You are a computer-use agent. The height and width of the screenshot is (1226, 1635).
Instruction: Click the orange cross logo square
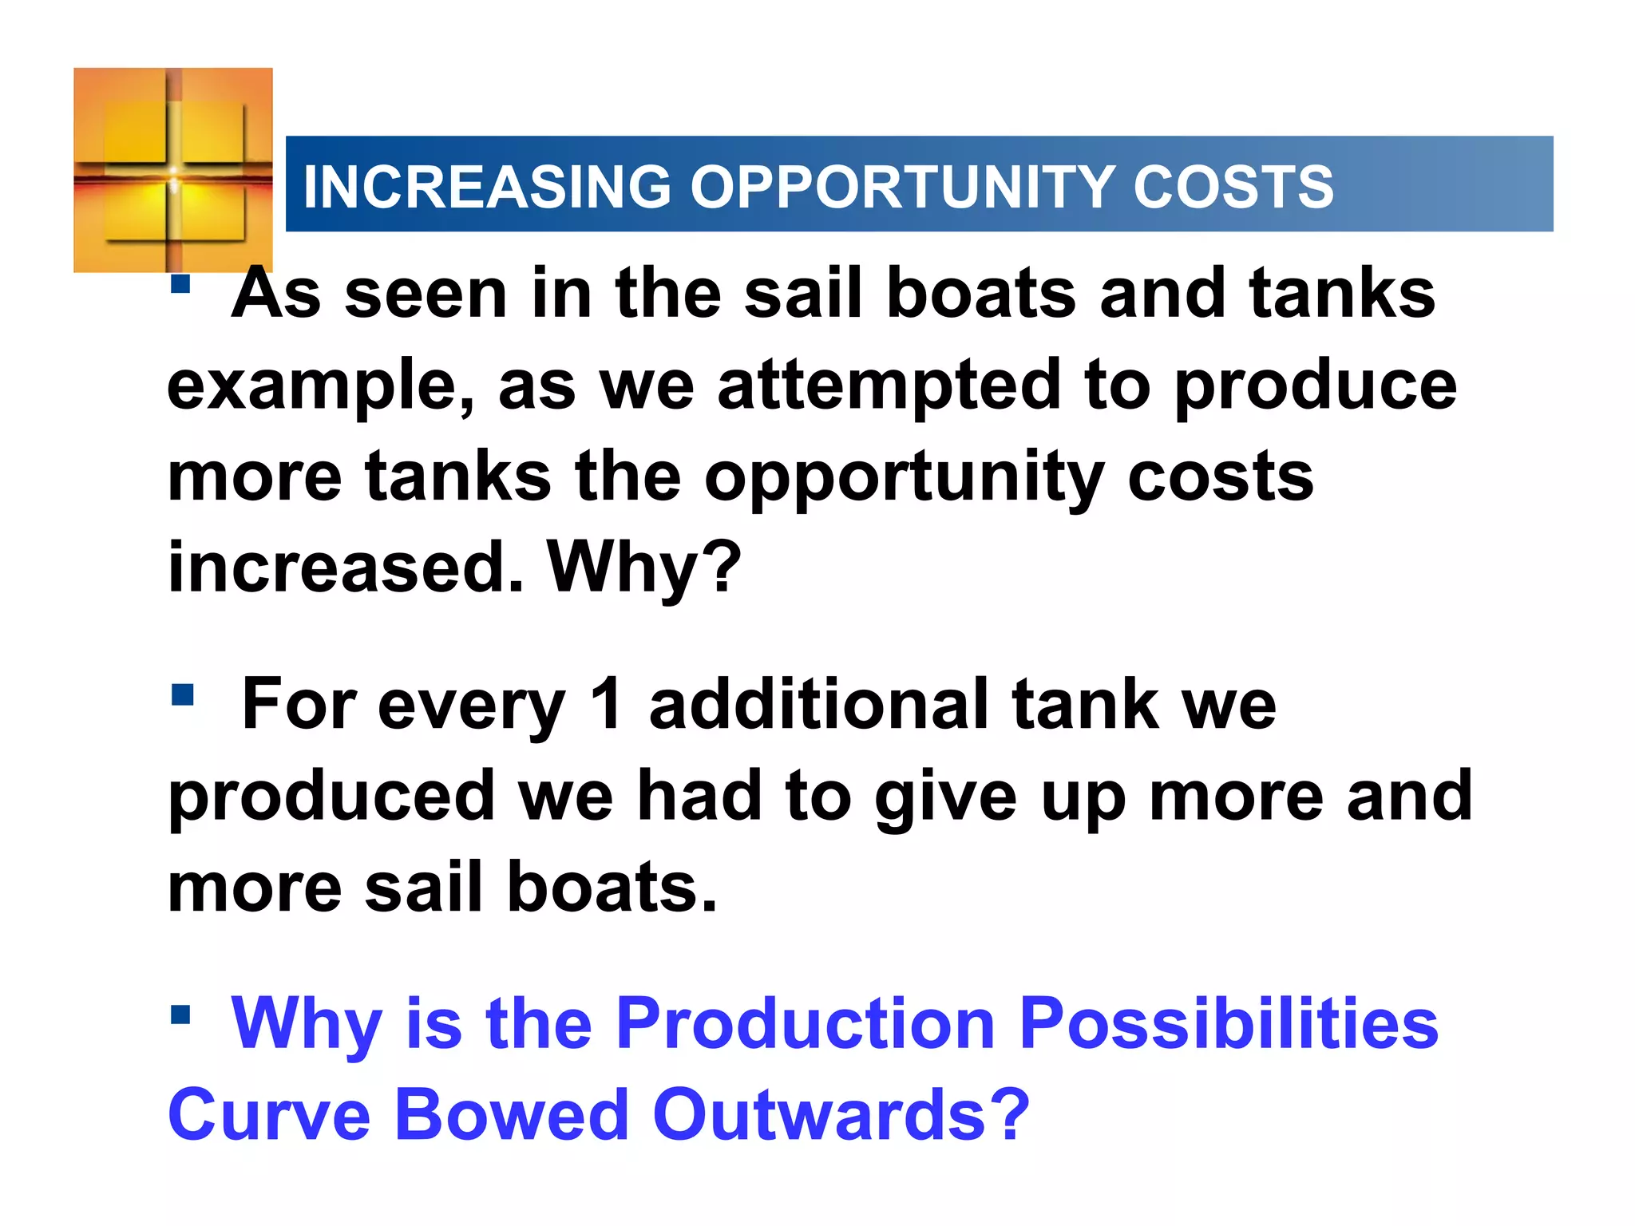point(173,170)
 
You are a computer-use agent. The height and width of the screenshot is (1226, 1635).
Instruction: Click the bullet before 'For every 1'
point(182,694)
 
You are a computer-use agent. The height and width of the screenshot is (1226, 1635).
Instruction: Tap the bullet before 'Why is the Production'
point(180,1014)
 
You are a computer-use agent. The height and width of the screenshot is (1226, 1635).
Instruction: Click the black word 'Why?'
point(643,568)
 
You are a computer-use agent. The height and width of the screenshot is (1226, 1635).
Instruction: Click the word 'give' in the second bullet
point(945,797)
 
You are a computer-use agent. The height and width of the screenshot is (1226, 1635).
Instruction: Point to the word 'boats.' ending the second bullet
point(612,888)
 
